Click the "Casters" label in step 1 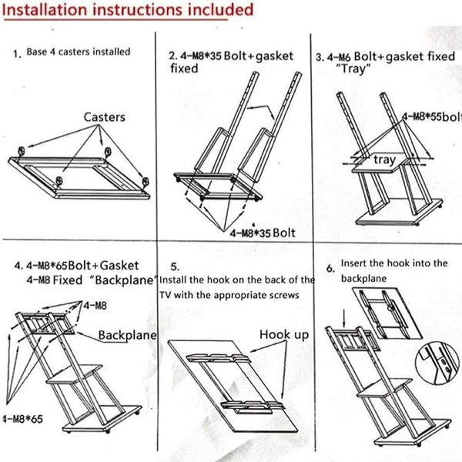105,117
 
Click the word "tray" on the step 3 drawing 384,159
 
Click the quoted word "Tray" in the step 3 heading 355,68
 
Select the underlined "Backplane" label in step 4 127,336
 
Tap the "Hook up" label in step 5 283,335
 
